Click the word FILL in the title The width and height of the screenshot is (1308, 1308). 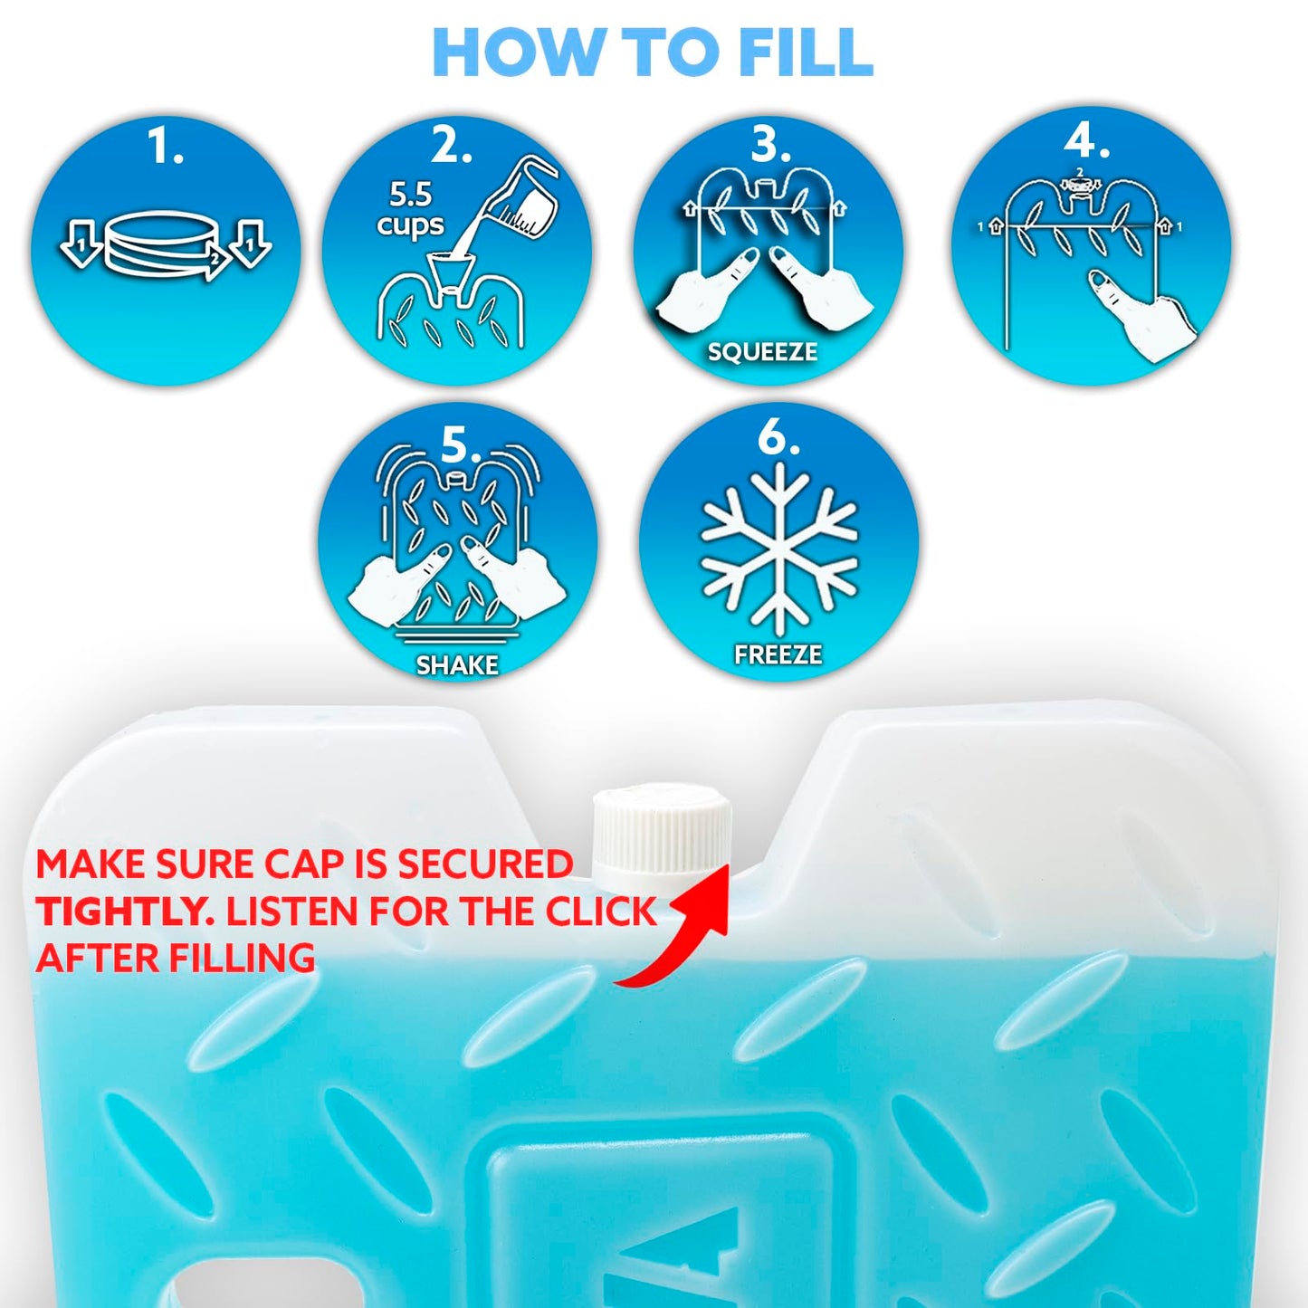[x=805, y=53]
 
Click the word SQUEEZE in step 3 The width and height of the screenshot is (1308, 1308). [x=762, y=352]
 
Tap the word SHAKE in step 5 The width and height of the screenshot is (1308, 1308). [x=457, y=665]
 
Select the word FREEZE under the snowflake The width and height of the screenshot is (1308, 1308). [x=778, y=654]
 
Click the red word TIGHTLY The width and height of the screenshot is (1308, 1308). [x=125, y=912]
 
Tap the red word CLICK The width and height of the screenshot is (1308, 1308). [x=601, y=912]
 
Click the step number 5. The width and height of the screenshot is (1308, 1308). [x=459, y=445]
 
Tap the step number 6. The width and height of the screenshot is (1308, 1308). [x=777, y=438]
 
